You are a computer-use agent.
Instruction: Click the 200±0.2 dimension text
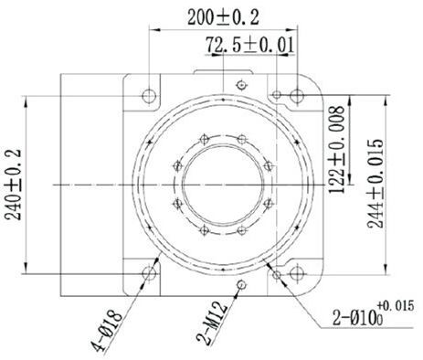(223, 17)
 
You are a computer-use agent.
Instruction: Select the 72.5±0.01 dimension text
(250, 45)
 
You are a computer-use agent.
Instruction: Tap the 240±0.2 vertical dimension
(13, 185)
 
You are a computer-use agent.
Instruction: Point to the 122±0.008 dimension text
(337, 149)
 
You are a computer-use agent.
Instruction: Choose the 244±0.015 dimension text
(375, 184)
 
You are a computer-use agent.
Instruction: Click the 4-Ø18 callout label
(108, 331)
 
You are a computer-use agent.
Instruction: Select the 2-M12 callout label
(213, 323)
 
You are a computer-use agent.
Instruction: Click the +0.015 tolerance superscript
(396, 305)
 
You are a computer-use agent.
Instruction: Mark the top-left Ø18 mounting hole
(149, 96)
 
